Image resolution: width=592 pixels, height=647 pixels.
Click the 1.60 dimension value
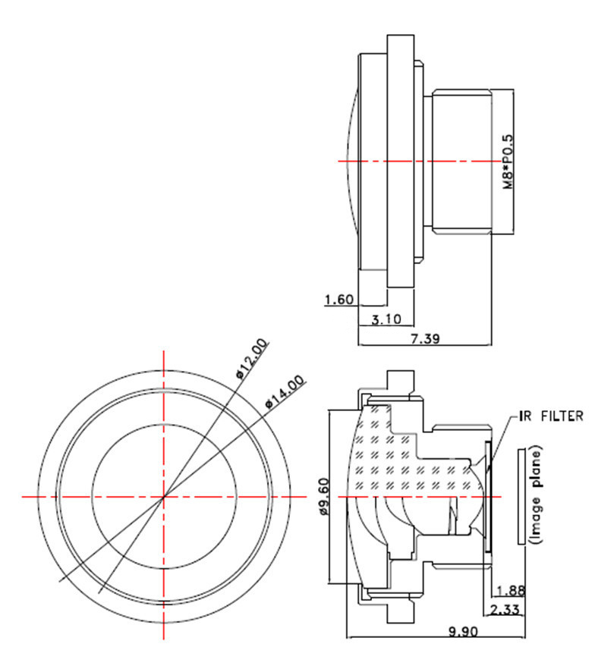pyautogui.click(x=339, y=300)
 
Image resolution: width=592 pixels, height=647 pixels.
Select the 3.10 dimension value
pyautogui.click(x=386, y=319)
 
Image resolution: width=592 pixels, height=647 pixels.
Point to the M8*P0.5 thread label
pyautogui.click(x=509, y=162)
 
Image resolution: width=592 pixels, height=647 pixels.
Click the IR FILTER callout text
pyautogui.click(x=551, y=416)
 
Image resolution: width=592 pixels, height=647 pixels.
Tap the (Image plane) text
pyautogui.click(x=536, y=496)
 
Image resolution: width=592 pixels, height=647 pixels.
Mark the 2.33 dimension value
pyautogui.click(x=504, y=609)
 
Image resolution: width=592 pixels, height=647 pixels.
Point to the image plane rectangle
pyautogui.click(x=520, y=496)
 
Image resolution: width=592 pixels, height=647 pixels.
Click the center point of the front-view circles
pyautogui.click(x=163, y=497)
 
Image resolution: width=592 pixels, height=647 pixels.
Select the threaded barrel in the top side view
pyautogui.click(x=464, y=162)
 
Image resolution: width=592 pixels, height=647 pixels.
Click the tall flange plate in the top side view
pyautogui.click(x=401, y=162)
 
